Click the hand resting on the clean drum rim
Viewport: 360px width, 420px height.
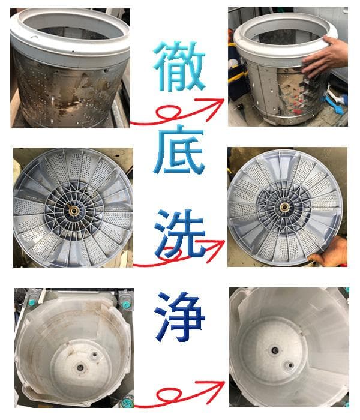pyautogui.click(x=327, y=57)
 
